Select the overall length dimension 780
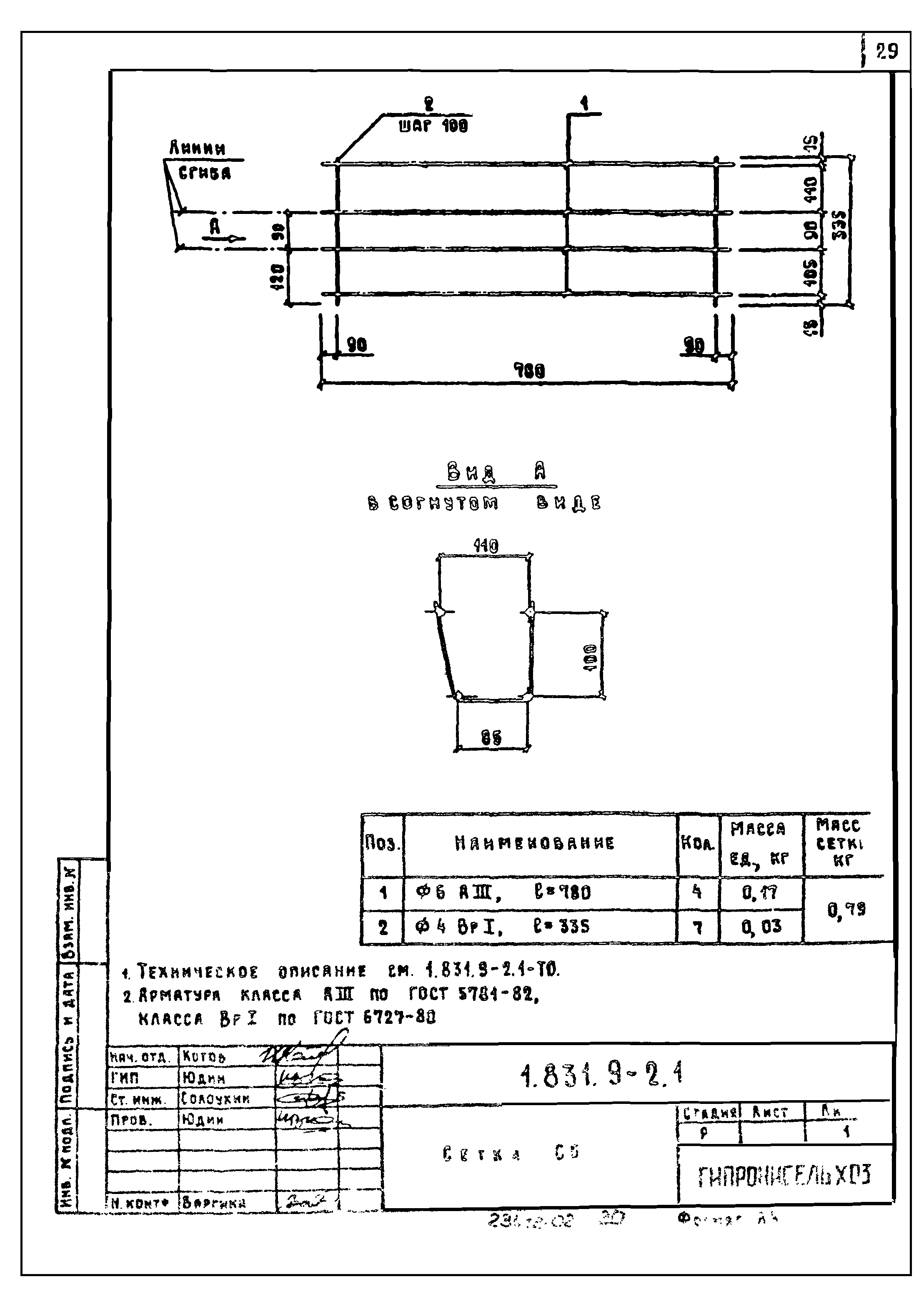coord(529,372)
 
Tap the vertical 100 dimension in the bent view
coord(591,658)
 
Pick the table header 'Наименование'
coord(535,843)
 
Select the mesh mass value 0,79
coord(846,910)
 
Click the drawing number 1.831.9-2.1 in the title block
coord(601,1074)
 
